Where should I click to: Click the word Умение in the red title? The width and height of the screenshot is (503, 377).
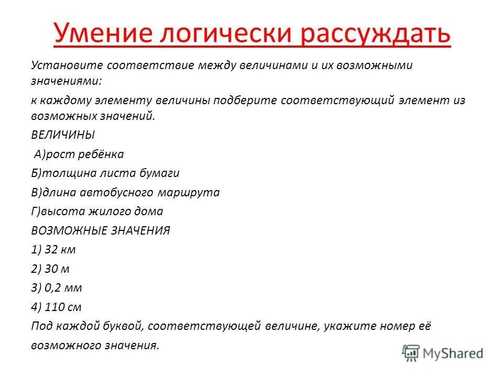[100, 34]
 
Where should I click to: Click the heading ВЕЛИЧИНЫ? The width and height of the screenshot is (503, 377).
[63, 135]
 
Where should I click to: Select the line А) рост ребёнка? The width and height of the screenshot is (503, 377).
[79, 154]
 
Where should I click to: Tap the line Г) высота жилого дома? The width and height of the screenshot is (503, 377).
[97, 212]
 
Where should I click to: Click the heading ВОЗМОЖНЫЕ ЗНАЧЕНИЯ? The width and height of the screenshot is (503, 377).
[101, 231]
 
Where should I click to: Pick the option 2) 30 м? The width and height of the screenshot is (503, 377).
[50, 269]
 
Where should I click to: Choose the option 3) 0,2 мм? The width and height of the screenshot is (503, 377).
[57, 288]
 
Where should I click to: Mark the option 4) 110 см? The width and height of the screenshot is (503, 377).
[56, 307]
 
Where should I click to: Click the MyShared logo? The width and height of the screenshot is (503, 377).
[443, 352]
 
